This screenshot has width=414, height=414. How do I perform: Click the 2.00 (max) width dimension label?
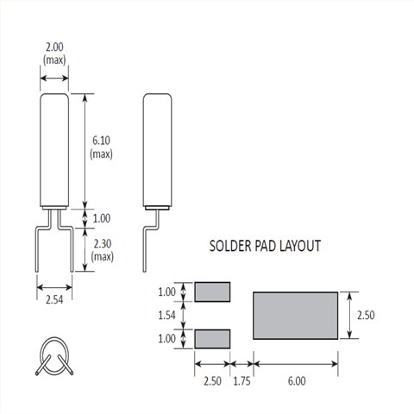point(53,54)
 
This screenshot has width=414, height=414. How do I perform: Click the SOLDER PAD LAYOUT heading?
point(266,246)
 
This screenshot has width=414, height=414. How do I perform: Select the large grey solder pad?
point(294,316)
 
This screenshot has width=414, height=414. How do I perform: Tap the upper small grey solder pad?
point(213,292)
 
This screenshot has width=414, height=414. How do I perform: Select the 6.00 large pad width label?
point(295,379)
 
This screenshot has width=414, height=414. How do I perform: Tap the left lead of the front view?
point(41,246)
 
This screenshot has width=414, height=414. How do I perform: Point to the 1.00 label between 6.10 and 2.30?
point(101,218)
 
